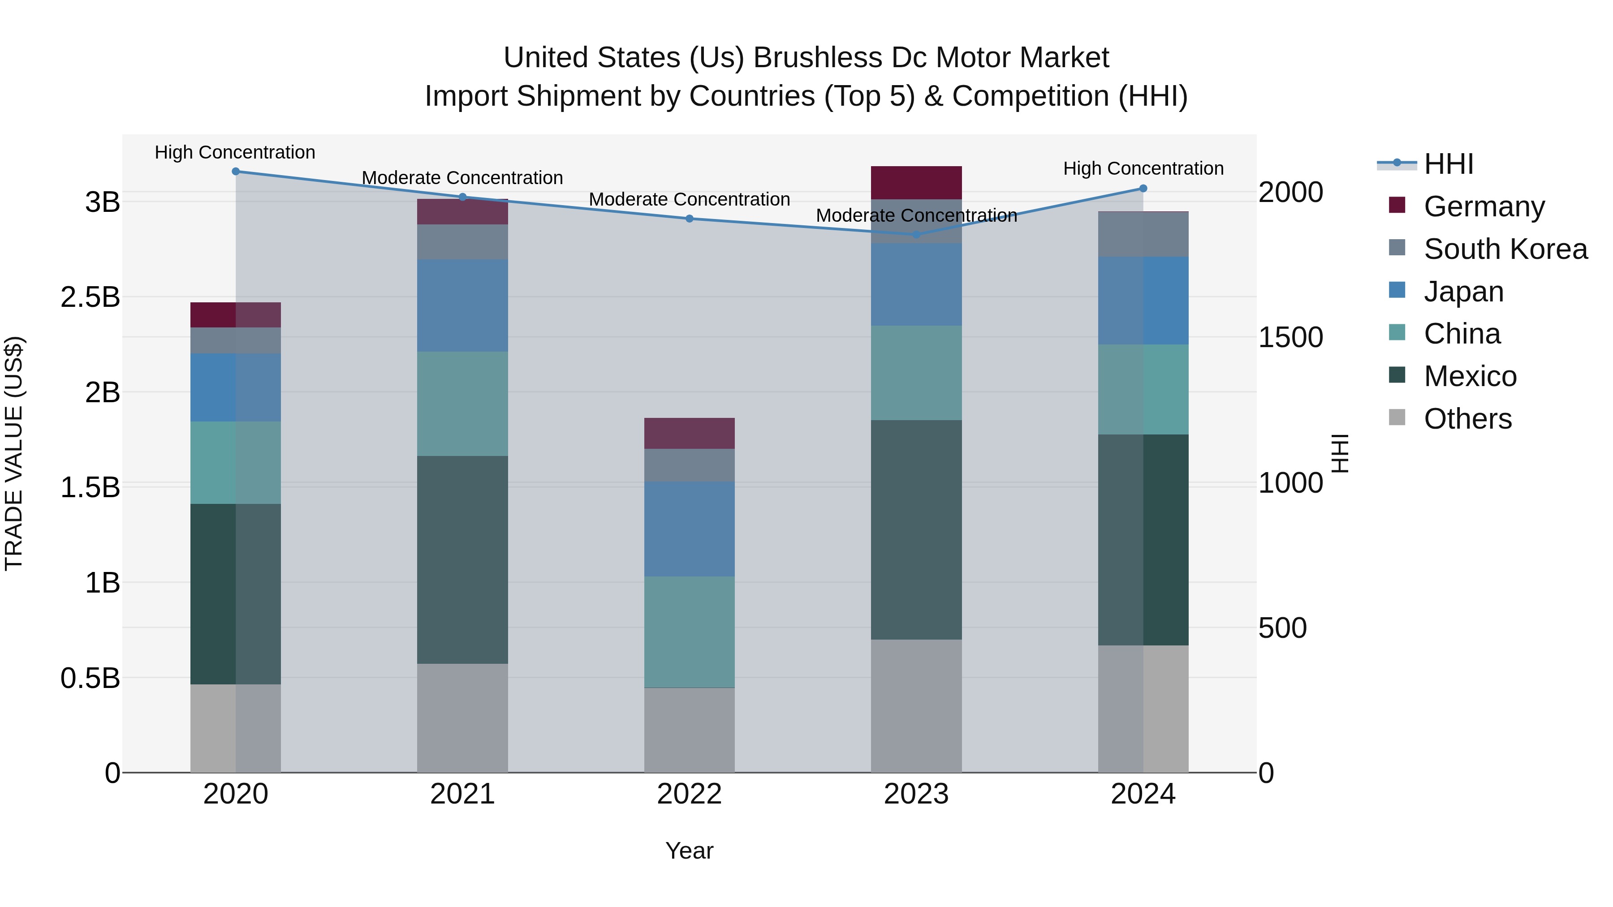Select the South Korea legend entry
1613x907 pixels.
[x=1505, y=249]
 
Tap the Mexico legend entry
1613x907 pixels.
[x=1469, y=376]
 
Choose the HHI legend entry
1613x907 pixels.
[x=1448, y=164]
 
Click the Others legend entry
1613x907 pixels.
[x=1467, y=419]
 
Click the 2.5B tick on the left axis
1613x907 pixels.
[x=90, y=297]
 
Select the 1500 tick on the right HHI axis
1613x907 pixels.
[x=1290, y=337]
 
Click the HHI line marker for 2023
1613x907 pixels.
[x=916, y=235]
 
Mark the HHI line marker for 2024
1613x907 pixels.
[x=1143, y=189]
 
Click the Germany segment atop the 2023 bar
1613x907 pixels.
[x=916, y=182]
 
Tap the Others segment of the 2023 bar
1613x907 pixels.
[x=916, y=705]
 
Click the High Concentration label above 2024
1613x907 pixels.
[x=1143, y=168]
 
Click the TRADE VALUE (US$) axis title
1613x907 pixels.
[x=14, y=453]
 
